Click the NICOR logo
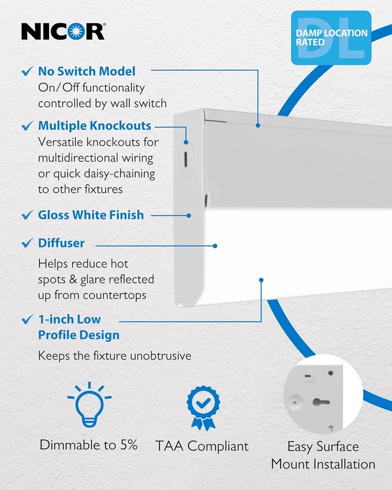pyautogui.click(x=63, y=31)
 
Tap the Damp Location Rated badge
pyautogui.click(x=331, y=38)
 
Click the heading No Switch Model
pyautogui.click(x=86, y=71)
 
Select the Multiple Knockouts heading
pyautogui.click(x=94, y=126)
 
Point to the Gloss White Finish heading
pyautogui.click(x=91, y=215)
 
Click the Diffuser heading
pyautogui.click(x=61, y=243)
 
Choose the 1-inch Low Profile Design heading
pyautogui.click(x=79, y=327)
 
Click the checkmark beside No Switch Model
pyautogui.click(x=27, y=71)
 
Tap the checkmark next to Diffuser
pyautogui.click(x=27, y=243)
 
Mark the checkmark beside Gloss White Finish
pyautogui.click(x=27, y=215)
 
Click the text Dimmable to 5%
pyautogui.click(x=88, y=445)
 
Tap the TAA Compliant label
pyautogui.click(x=202, y=446)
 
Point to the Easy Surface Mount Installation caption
pyautogui.click(x=323, y=455)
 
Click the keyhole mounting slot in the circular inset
pyautogui.click(x=321, y=402)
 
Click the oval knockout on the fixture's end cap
pyautogui.click(x=186, y=159)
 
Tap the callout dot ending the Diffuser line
pyautogui.click(x=215, y=246)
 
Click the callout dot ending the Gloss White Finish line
pyautogui.click(x=189, y=216)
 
